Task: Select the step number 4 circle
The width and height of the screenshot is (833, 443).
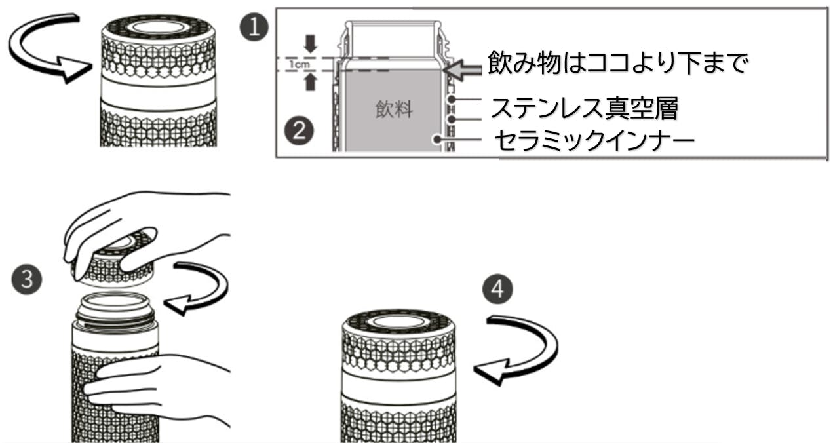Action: (498, 289)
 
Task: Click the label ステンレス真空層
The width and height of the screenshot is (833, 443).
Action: (583, 107)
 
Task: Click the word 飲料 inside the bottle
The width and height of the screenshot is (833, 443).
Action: (394, 109)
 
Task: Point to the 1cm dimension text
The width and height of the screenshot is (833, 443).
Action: (296, 64)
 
